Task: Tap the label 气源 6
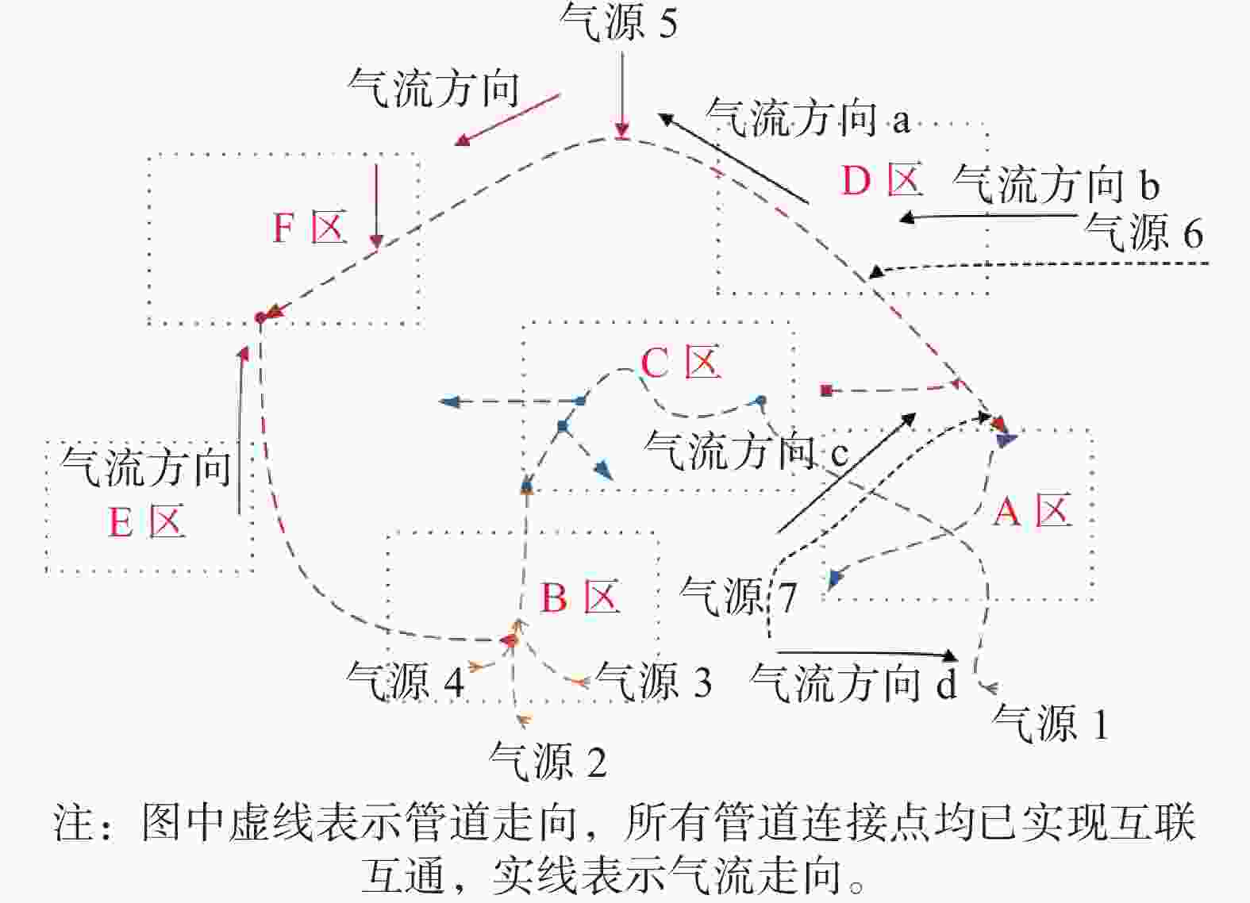(1144, 232)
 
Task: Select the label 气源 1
(1050, 723)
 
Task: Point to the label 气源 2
(548, 761)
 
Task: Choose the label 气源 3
(653, 680)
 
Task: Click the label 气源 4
(405, 680)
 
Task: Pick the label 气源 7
(738, 595)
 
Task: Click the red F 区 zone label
(310, 227)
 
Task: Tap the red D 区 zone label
(882, 179)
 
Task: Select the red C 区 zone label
(681, 362)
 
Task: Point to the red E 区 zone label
(146, 522)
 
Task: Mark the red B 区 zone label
(580, 597)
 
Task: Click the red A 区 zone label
(1033, 510)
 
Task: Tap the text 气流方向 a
(809, 117)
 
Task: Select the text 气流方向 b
(1056, 183)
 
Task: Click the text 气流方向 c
(747, 451)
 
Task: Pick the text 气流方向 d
(854, 682)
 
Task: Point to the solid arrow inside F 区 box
(376, 206)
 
